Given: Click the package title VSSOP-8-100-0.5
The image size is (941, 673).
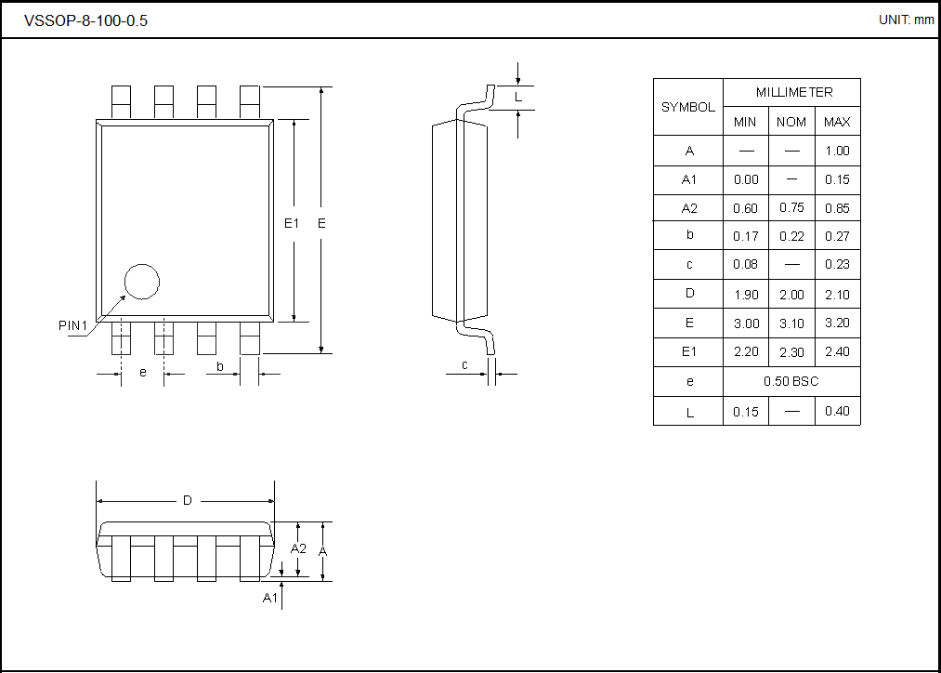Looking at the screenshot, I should click(85, 20).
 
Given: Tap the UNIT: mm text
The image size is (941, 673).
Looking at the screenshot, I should click(906, 20).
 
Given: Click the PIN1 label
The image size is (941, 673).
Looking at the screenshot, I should click(72, 325).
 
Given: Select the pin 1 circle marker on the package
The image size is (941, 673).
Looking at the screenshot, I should click(142, 282).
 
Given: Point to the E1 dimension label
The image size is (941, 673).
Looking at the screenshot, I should click(292, 223).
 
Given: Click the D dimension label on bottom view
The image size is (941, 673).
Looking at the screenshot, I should click(187, 500).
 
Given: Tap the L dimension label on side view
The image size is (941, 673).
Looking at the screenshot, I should click(518, 97).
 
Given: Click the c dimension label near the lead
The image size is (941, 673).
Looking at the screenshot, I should click(464, 365).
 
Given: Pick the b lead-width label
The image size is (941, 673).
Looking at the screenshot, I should click(220, 366).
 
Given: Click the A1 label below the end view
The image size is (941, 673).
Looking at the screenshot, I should click(269, 598).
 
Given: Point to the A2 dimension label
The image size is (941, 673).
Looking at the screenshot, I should click(298, 548).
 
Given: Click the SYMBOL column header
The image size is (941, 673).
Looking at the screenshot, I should click(687, 107).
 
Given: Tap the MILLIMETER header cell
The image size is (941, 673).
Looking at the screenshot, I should click(793, 92).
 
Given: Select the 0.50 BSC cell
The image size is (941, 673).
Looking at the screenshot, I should click(791, 382).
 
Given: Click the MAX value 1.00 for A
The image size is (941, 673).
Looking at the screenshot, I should click(837, 151).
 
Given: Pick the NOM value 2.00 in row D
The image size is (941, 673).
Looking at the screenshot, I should click(791, 294).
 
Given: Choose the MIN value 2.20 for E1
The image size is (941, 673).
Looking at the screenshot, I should click(746, 351).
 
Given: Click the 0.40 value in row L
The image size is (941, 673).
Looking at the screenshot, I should click(837, 411).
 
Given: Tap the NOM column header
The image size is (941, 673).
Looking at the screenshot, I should click(791, 122).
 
